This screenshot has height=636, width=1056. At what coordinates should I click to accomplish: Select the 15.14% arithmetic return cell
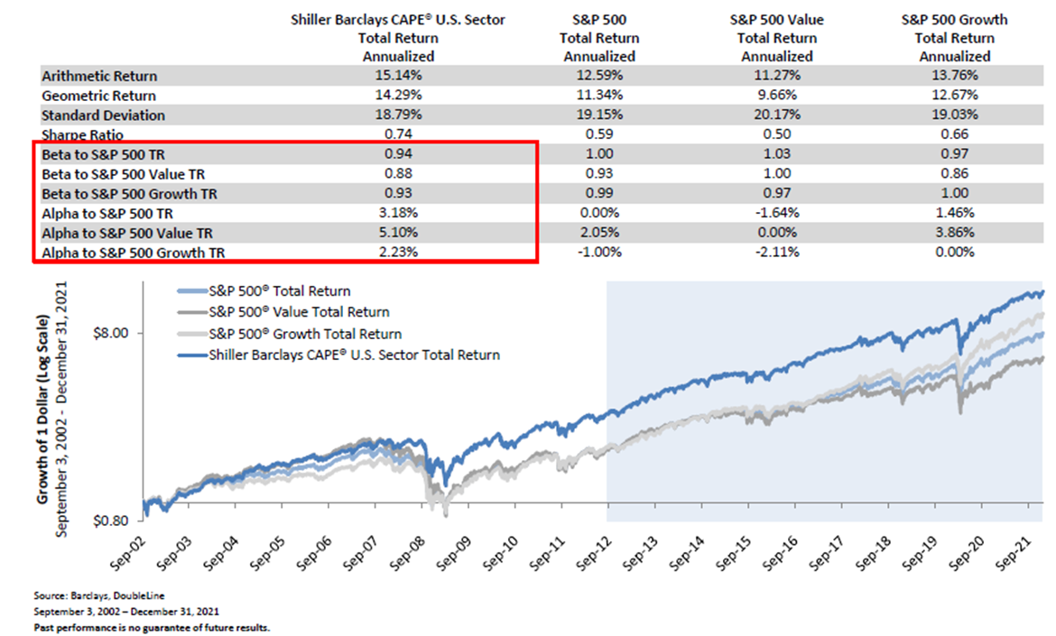pyautogui.click(x=398, y=76)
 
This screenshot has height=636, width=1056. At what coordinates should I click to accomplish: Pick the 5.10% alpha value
pyautogui.click(x=398, y=233)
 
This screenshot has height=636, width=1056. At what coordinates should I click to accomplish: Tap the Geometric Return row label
pyautogui.click(x=98, y=96)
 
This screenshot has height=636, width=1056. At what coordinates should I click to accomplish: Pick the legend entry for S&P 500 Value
pyautogui.click(x=299, y=312)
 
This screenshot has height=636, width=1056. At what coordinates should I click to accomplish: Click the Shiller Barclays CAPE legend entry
pyautogui.click(x=354, y=355)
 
